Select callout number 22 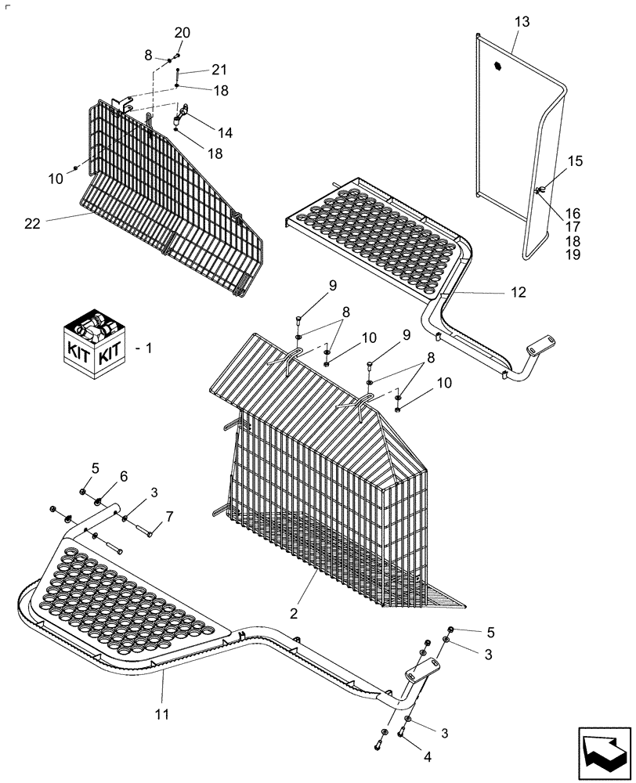point(32,223)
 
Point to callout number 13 point(522,23)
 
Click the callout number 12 point(519,292)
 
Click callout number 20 point(182,33)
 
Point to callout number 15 point(576,161)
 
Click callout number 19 point(573,255)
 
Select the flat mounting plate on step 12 point(542,342)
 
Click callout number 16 point(573,213)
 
